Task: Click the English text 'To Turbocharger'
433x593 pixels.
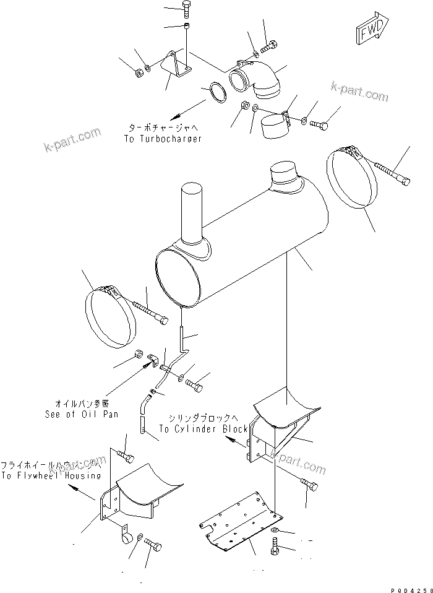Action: (x=163, y=140)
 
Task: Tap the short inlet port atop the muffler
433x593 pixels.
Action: (x=285, y=174)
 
